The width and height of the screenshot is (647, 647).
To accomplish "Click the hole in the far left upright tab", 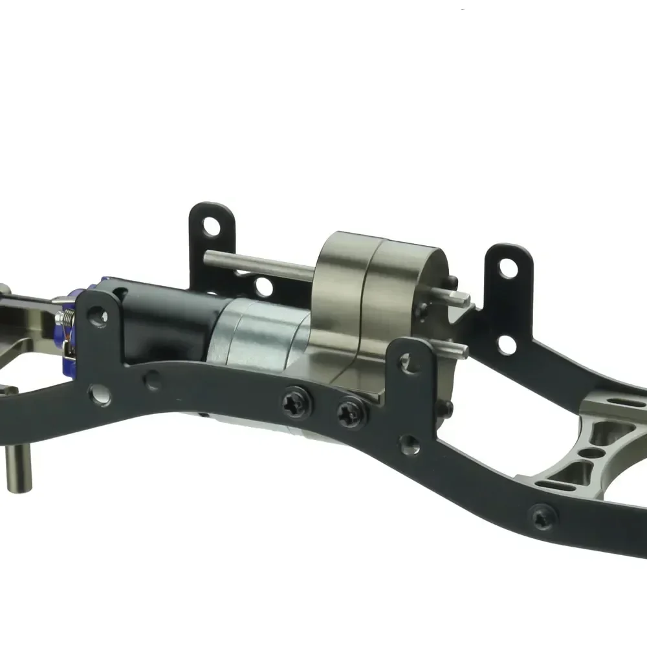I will [x=210, y=226].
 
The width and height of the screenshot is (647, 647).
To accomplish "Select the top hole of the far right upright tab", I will [x=509, y=267].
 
